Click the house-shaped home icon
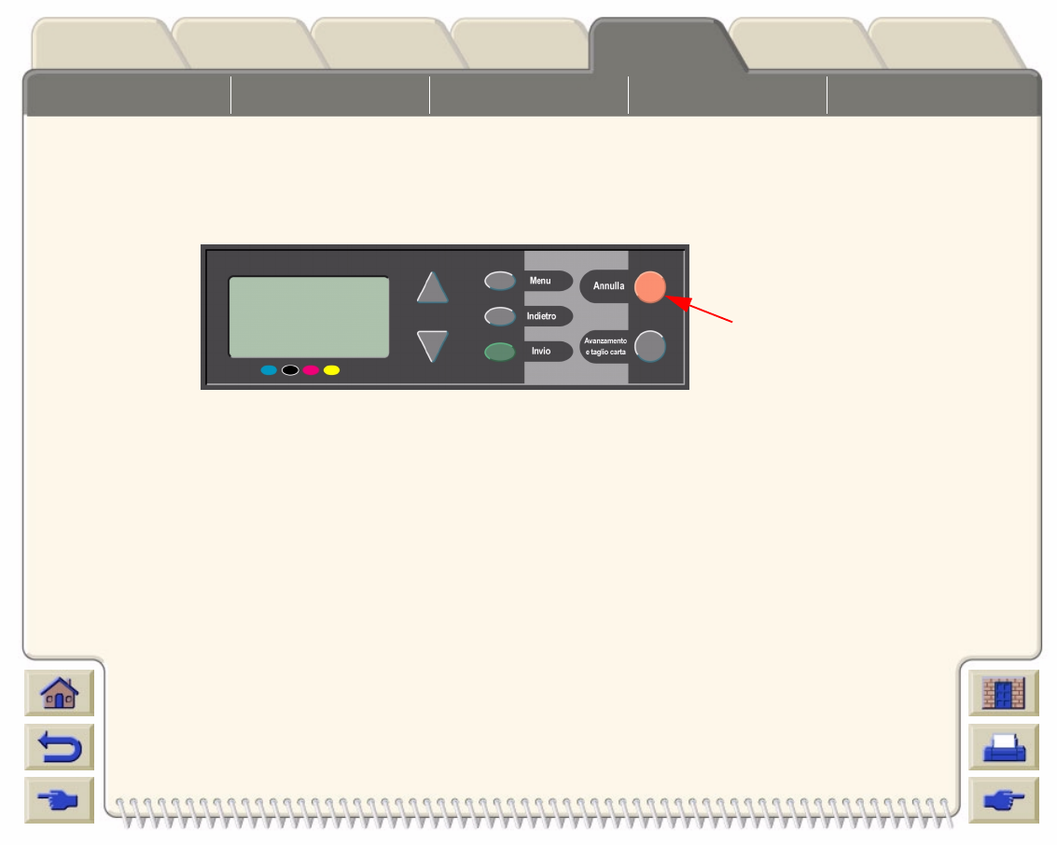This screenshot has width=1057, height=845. coord(60,694)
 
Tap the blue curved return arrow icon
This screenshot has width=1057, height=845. coord(60,747)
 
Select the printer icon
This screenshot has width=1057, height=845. coord(1004,747)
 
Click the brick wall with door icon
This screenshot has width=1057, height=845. coord(1004,694)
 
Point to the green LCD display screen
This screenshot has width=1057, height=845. coord(309,316)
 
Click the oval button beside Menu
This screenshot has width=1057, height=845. coord(500,281)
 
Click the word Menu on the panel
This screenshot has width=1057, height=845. coord(540,281)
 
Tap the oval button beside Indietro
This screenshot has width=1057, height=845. coord(500,316)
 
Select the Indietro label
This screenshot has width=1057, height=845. coord(541,316)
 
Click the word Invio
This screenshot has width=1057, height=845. coord(541,352)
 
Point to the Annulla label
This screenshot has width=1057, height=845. coord(608,286)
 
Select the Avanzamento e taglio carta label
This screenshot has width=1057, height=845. coord(605,346)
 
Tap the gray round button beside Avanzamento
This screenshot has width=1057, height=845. coord(650,346)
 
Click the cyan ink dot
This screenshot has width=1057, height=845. coord(269,370)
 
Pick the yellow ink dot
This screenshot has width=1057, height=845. coord(331,370)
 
